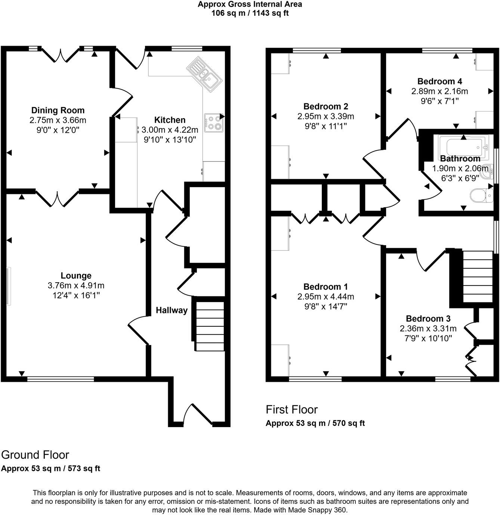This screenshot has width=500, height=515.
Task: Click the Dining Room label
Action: [58, 110]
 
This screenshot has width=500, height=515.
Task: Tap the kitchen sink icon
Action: [204, 74]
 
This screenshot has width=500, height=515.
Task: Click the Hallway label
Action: [172, 310]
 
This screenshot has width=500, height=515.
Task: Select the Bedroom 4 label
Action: [439, 82]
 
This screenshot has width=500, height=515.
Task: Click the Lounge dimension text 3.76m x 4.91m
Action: [76, 286]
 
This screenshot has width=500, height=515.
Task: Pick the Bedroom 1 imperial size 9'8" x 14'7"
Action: [325, 307]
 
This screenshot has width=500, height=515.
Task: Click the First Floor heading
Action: [291, 409]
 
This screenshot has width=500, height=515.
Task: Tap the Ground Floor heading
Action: [35, 455]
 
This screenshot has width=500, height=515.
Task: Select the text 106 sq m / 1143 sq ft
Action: [250, 13]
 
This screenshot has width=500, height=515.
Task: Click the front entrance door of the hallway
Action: [198, 415]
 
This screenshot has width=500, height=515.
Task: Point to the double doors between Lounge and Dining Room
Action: [57, 198]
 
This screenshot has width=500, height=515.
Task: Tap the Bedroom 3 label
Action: [428, 319]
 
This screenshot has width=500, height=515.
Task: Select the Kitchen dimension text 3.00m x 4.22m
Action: [170, 130]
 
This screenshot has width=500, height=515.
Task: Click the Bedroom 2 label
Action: [325, 107]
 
